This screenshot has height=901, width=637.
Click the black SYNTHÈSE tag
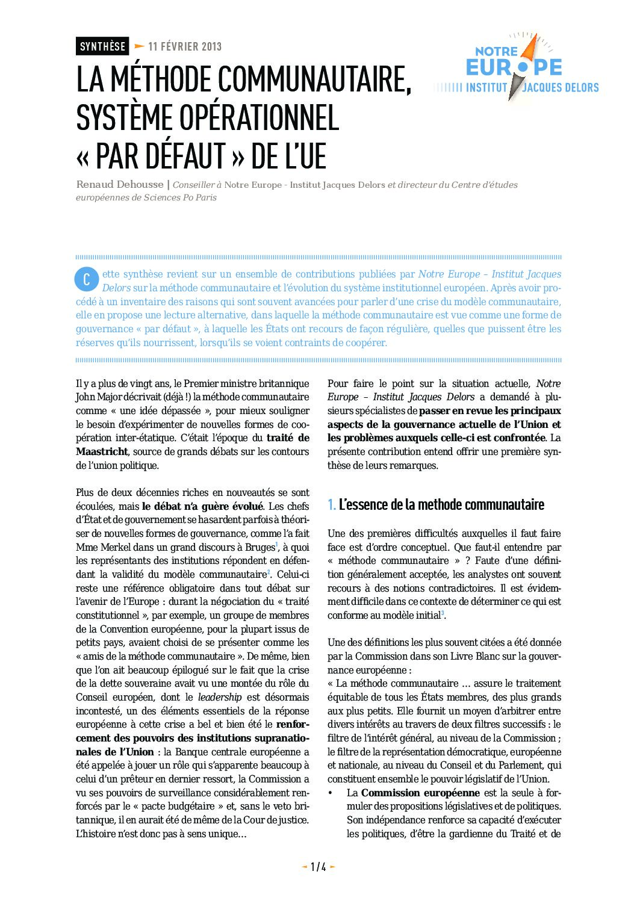click(x=102, y=46)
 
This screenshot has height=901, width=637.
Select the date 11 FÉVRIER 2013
click(x=185, y=46)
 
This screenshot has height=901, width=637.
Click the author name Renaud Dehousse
click(x=119, y=184)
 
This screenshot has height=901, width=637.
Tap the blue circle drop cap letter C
click(x=87, y=279)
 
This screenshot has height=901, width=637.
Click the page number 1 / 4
click(x=318, y=867)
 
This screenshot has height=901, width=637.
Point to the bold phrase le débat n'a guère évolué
click(x=202, y=506)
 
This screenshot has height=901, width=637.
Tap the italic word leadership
click(x=220, y=697)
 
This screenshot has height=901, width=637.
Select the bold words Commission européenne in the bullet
click(x=420, y=793)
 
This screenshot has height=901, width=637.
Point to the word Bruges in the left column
click(x=259, y=547)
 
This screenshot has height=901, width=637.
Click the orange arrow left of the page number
click(x=304, y=867)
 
